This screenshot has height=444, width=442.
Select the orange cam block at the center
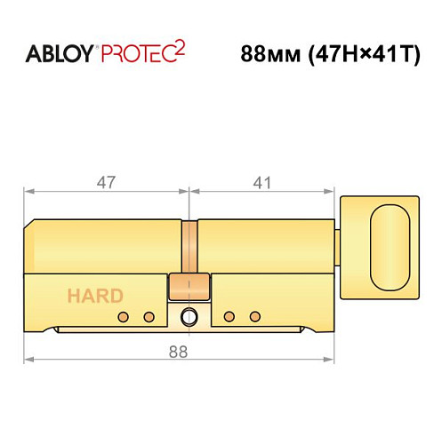coord(189,287)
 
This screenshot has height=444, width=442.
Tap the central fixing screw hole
coord(189,318)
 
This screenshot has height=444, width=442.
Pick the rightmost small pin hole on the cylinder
coord(254,317)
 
